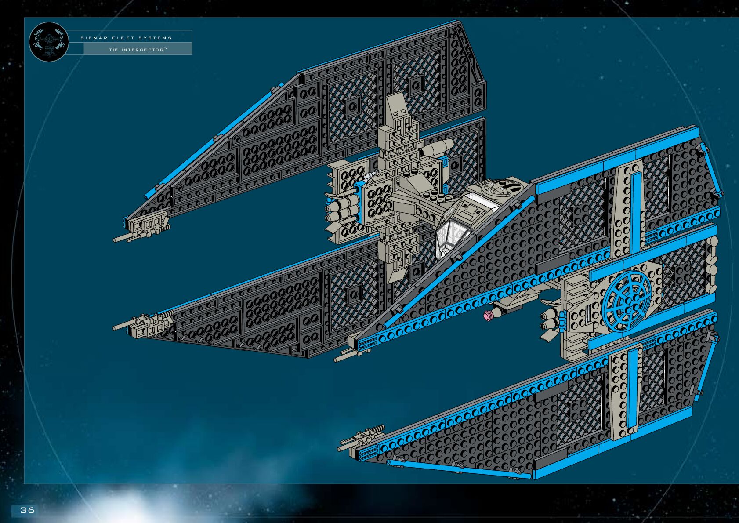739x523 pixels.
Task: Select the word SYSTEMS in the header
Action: coord(155,38)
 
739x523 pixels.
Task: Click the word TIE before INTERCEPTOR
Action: coord(113,50)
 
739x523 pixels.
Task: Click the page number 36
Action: coord(27,510)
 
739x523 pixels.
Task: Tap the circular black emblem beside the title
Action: coord(49,42)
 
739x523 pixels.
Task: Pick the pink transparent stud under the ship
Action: coord(488,315)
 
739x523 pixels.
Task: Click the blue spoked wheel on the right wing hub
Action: coord(627,301)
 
